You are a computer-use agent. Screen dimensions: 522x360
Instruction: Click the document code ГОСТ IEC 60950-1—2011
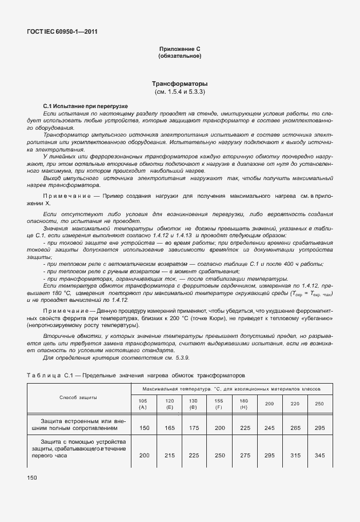click(62, 32)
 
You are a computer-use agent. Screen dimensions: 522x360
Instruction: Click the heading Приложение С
click(179, 50)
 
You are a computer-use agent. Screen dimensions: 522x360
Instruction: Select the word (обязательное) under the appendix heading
click(179, 57)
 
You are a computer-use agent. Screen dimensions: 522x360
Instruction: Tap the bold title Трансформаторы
click(179, 84)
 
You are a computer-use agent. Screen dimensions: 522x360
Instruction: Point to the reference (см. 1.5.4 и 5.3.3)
click(179, 91)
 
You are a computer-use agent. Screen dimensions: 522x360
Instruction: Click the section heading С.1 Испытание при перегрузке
click(86, 106)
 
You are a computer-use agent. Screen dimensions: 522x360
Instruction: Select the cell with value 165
click(169, 427)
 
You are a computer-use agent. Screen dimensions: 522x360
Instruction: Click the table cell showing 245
click(269, 427)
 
